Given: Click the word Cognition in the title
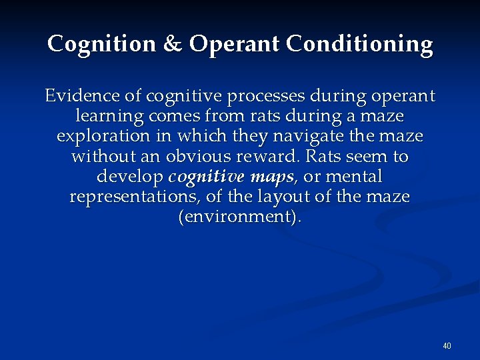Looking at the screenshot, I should (x=102, y=44).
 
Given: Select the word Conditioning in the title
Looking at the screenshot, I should (x=360, y=44).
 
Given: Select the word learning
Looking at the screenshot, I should (x=107, y=117).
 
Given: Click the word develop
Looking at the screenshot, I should (x=130, y=177).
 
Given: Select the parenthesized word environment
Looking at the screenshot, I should (x=239, y=217).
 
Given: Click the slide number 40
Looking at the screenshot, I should (x=447, y=345).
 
